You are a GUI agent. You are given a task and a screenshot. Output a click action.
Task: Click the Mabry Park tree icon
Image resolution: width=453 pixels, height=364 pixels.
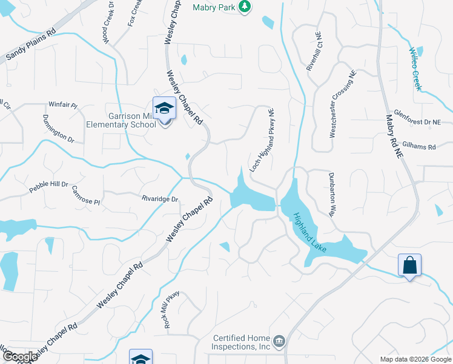(x=245, y=7)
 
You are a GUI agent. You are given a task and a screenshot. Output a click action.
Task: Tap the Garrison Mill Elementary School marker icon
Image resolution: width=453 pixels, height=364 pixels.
(x=164, y=110)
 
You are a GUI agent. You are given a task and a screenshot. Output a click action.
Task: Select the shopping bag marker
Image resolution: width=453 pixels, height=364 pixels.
(x=409, y=266)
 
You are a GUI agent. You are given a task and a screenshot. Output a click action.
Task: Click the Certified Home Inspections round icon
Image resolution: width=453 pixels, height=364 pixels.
(x=279, y=340)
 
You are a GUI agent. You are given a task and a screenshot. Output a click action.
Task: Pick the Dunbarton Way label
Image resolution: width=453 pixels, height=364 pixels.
(x=332, y=197)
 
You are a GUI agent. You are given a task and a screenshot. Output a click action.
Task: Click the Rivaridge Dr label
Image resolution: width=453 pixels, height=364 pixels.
(x=160, y=199)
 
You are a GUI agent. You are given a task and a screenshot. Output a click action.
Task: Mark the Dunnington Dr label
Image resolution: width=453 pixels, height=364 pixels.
(x=59, y=129)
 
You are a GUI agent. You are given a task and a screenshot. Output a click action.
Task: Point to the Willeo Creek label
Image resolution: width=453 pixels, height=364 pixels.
(x=415, y=69)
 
